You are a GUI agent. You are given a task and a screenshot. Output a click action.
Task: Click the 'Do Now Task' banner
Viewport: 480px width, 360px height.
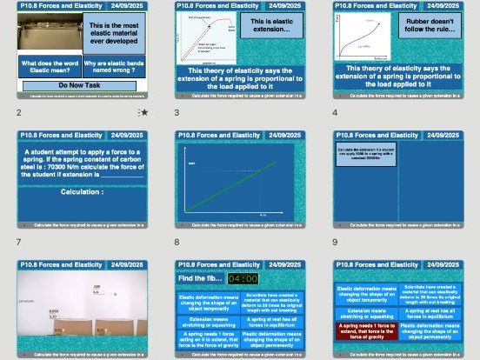tap(80, 85)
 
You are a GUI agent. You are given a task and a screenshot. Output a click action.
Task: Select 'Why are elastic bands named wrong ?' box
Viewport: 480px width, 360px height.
tap(114, 66)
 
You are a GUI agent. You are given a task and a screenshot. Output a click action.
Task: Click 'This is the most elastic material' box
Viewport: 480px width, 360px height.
tap(114, 33)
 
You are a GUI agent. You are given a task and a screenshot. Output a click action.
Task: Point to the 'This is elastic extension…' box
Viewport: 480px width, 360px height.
tap(270, 24)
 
